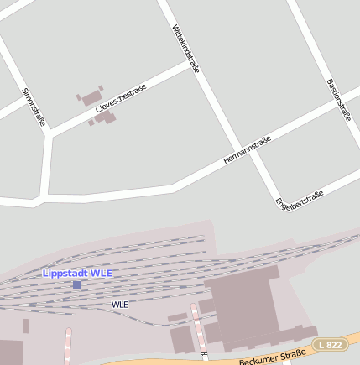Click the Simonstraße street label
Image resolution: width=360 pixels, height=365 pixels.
[34, 107]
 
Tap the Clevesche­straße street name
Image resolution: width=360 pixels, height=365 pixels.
[115, 98]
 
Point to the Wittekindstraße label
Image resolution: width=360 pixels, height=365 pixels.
[185, 49]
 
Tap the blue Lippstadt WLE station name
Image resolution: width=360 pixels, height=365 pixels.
[77, 274]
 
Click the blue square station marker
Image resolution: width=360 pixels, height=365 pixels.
[76, 284]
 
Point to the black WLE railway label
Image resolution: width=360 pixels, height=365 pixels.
[120, 305]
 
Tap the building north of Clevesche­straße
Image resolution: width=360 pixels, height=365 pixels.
[91, 97]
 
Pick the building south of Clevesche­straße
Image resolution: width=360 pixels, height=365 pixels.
[105, 117]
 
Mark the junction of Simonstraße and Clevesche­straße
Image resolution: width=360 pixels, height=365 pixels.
[50, 133]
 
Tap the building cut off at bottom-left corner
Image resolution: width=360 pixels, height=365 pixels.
[11, 352]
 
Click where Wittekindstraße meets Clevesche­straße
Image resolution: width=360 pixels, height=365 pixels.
[195, 66]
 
